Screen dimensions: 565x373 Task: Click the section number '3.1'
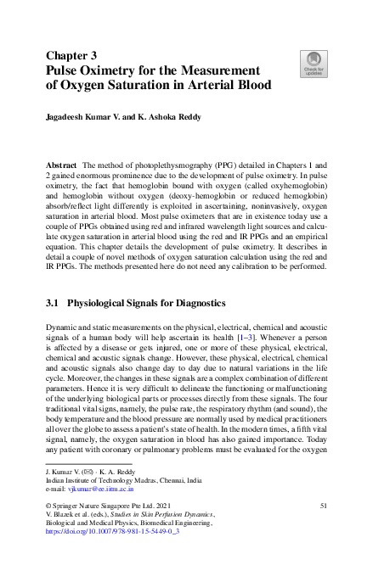[53, 302]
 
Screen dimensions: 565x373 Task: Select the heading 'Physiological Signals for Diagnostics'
[146, 302]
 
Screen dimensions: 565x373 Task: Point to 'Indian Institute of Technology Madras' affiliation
[103, 479]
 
